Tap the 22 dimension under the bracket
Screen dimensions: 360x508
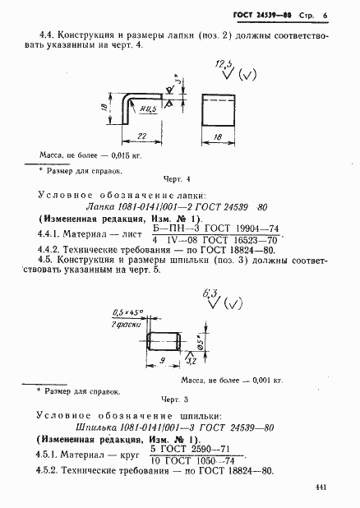(141, 134)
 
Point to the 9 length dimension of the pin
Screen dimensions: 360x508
(161, 359)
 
